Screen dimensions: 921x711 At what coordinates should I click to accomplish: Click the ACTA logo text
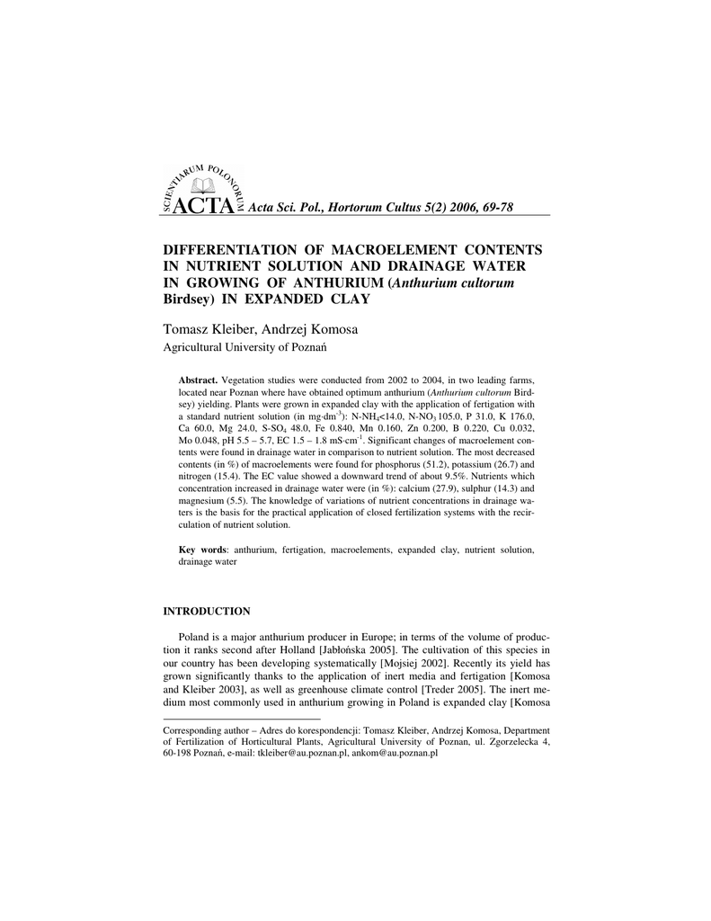(x=206, y=206)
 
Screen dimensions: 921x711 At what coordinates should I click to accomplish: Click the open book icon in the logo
(x=206, y=186)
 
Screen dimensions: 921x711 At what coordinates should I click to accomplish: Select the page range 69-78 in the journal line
(x=493, y=208)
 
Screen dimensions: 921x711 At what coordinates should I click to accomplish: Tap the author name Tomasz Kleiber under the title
(x=207, y=329)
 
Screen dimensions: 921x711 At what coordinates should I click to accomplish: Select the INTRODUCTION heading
(x=206, y=612)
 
